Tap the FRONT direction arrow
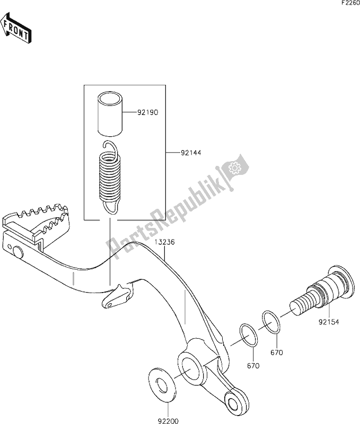15,29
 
